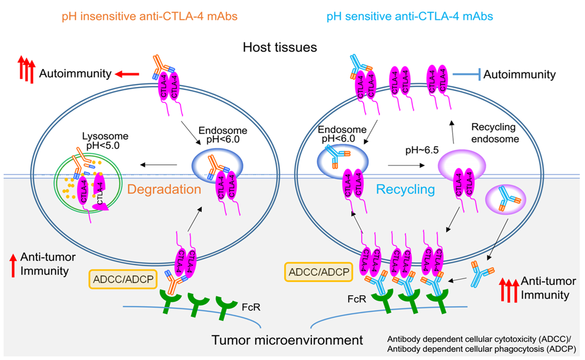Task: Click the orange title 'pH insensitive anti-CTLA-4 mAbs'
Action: [149, 16]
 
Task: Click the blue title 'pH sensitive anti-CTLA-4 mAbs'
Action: [409, 16]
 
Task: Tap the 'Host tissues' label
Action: [280, 47]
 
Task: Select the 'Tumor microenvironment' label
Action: [287, 340]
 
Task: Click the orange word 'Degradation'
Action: [164, 189]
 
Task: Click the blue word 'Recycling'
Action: [405, 189]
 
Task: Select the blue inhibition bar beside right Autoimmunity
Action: [466, 74]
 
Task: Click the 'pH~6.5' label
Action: [422, 150]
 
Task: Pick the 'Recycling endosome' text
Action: [495, 133]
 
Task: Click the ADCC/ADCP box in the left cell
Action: [123, 279]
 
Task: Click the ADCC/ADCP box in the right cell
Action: [319, 272]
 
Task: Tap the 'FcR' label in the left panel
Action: [251, 307]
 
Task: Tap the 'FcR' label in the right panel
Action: [357, 299]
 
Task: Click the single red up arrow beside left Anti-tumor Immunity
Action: [13, 265]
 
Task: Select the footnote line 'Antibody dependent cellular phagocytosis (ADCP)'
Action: [481, 349]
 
